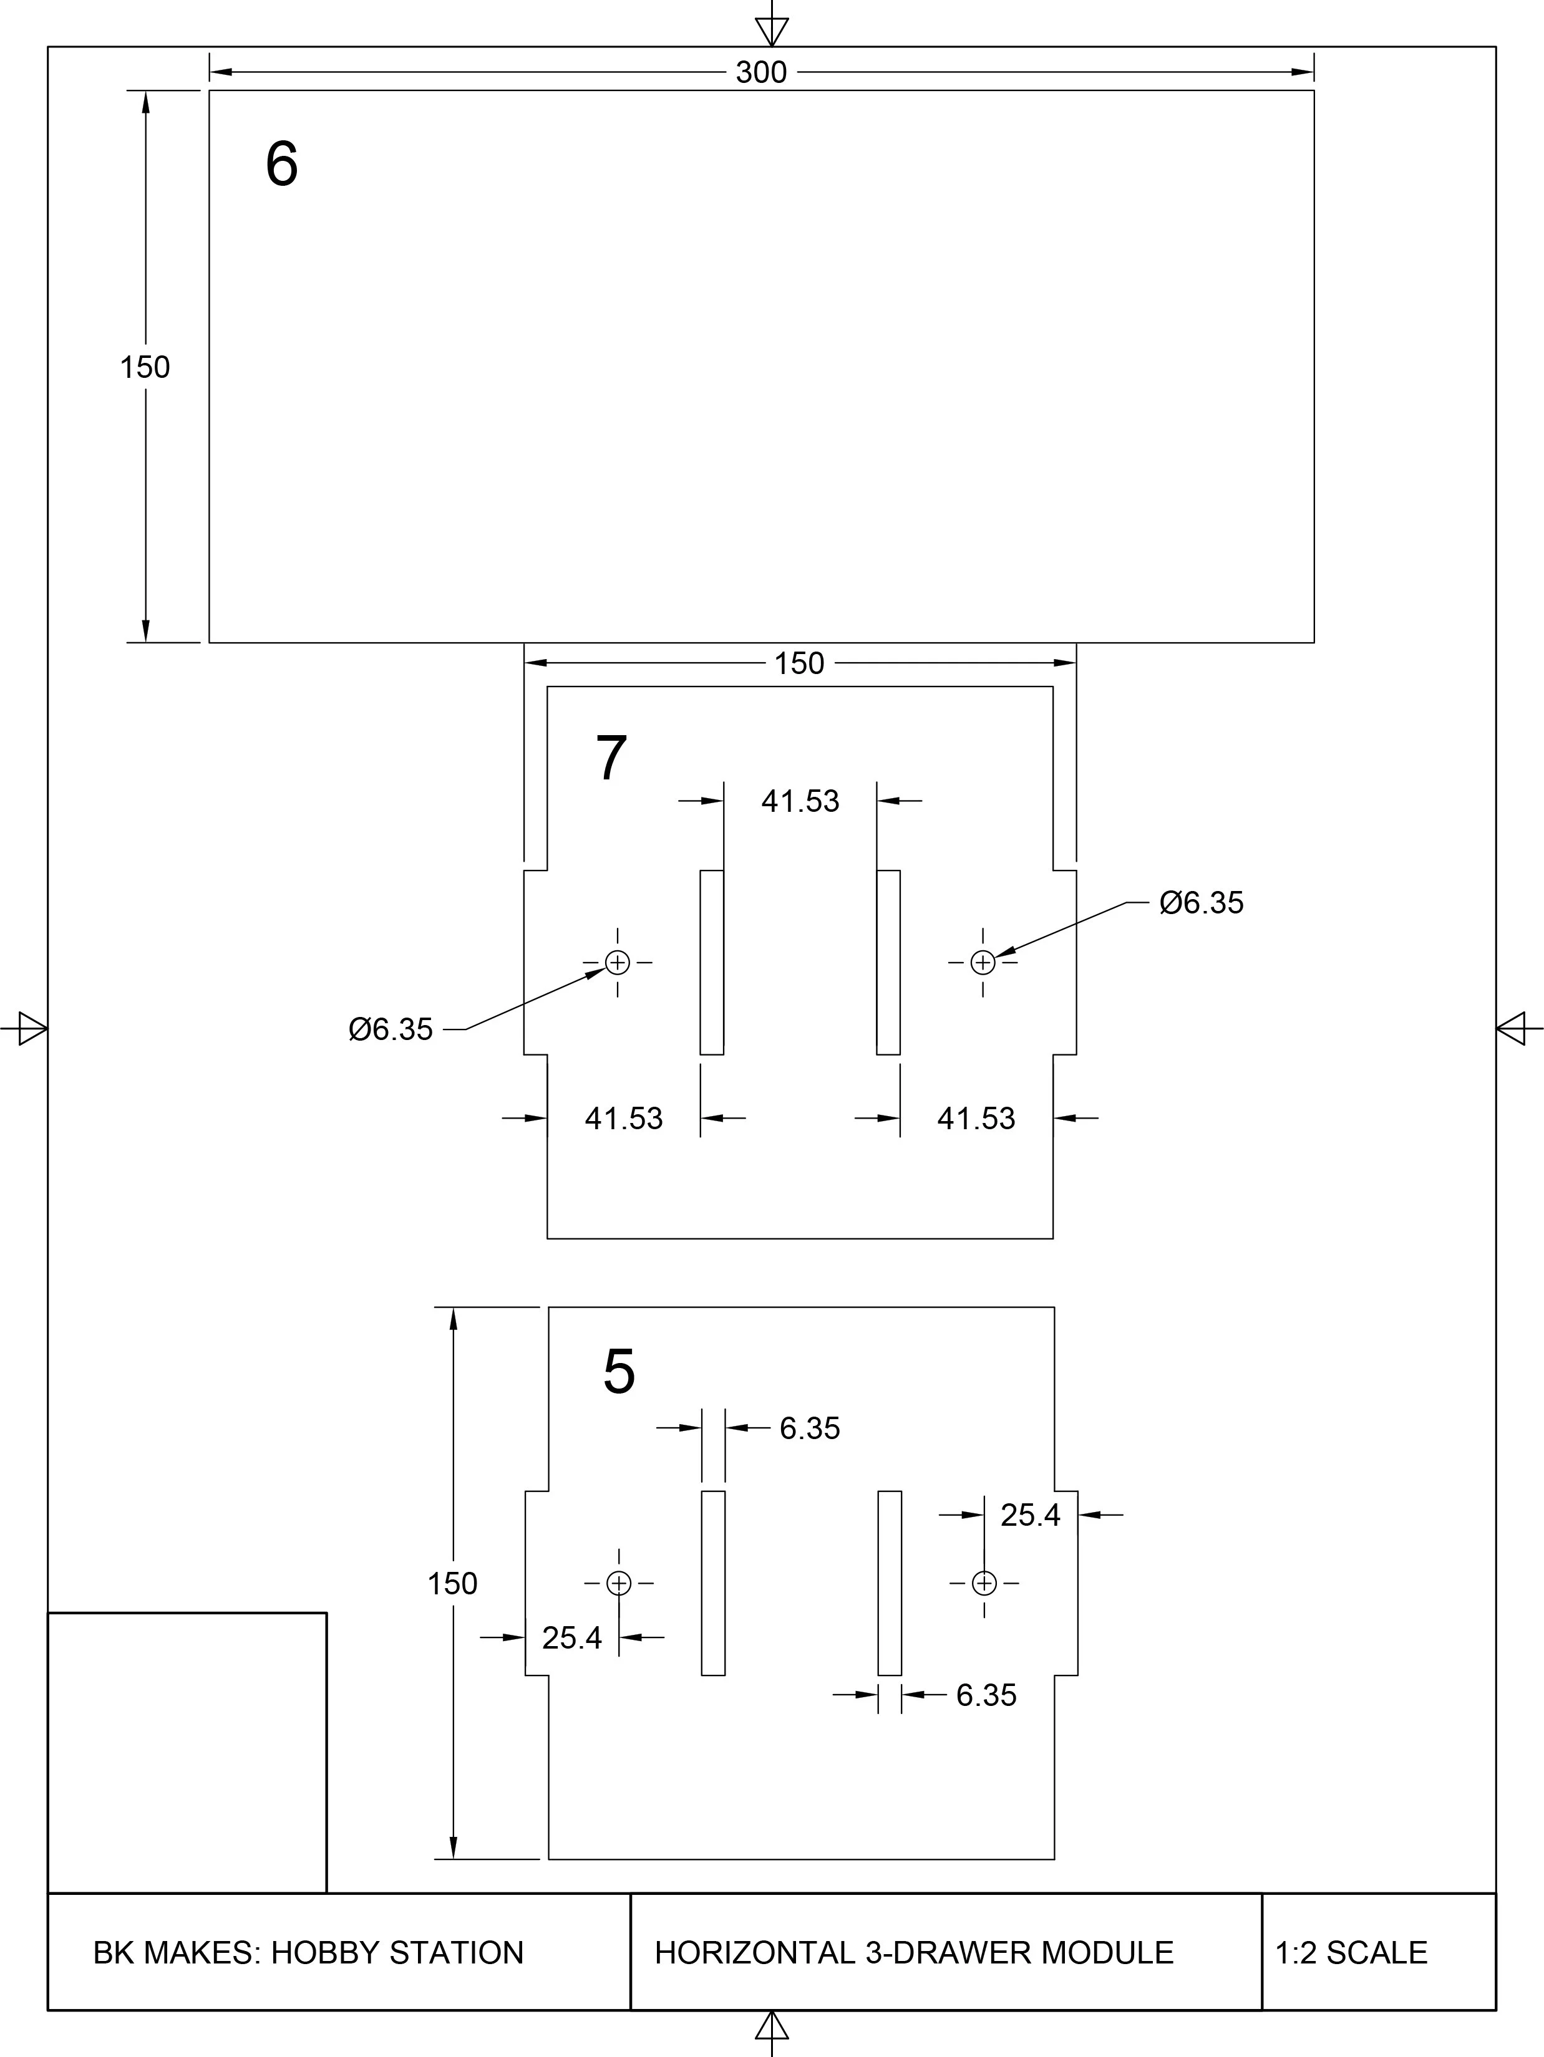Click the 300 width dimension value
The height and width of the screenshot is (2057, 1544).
tap(761, 72)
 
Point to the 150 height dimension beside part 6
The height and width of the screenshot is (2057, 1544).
tap(145, 367)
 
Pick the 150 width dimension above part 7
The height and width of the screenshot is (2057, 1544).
tap(799, 663)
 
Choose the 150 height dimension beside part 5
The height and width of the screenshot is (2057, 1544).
tap(452, 1582)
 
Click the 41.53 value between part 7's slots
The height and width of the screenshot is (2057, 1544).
tap(800, 801)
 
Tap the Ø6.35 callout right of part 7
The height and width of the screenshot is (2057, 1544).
tap(1201, 902)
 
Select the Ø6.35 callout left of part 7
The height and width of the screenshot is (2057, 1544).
tap(391, 1029)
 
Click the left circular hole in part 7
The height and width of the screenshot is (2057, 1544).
tap(618, 963)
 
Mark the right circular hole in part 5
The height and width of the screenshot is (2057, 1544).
tap(984, 1582)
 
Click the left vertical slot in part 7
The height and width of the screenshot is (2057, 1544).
tap(712, 963)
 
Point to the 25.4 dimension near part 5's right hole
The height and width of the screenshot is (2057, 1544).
tap(1029, 1515)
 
